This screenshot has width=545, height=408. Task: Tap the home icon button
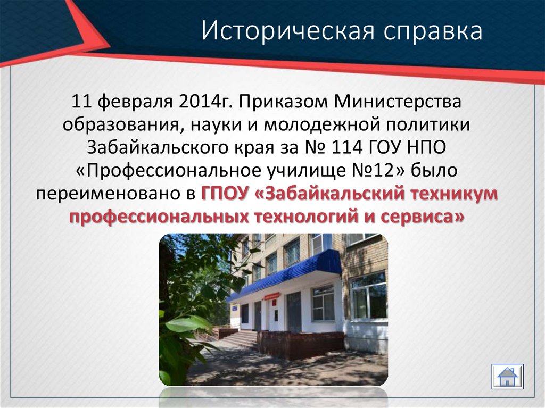tap(507, 376)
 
